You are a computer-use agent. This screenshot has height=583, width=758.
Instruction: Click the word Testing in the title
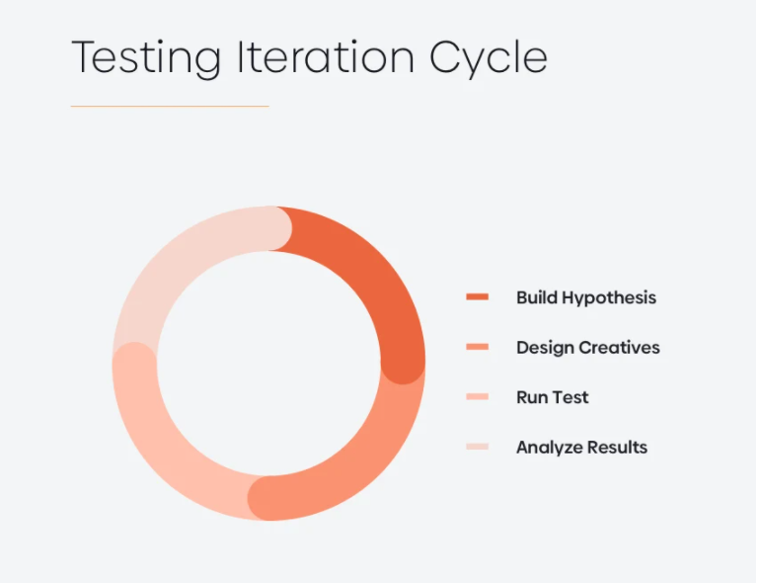(146, 58)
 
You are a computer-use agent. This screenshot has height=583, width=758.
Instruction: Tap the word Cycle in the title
(489, 58)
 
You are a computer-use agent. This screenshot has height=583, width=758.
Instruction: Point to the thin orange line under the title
(170, 106)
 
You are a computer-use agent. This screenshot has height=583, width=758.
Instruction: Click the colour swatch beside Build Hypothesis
(477, 296)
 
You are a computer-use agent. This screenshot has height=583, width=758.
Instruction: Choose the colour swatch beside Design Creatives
(477, 347)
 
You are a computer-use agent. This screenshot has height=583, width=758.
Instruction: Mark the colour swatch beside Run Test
(477, 396)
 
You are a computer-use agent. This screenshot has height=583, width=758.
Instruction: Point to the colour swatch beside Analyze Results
(477, 447)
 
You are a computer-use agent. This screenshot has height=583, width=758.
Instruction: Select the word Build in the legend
(537, 297)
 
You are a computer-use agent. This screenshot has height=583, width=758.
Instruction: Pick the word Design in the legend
(545, 349)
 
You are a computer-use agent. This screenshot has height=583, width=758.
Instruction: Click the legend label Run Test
(553, 397)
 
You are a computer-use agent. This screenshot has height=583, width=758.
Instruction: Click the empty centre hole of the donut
(269, 364)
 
